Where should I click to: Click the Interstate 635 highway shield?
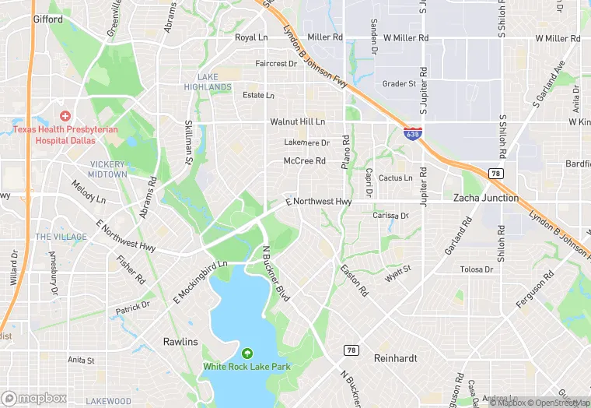pyautogui.click(x=414, y=134)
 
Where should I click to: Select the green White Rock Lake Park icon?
pyautogui.click(x=248, y=353)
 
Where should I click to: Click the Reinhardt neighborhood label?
pyautogui.click(x=396, y=357)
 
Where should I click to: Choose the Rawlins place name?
pyautogui.click(x=180, y=342)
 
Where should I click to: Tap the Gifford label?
pyautogui.click(x=48, y=19)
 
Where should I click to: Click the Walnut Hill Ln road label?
pyautogui.click(x=297, y=122)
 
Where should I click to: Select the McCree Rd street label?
pyautogui.click(x=304, y=161)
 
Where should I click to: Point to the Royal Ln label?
pyautogui.click(x=251, y=37)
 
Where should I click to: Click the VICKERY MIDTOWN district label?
pyautogui.click(x=108, y=169)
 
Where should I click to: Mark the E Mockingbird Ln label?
pyautogui.click(x=200, y=275)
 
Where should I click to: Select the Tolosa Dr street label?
pyautogui.click(x=477, y=269)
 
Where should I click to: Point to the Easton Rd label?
pyautogui.click(x=355, y=281)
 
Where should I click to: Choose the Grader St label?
pyautogui.click(x=399, y=83)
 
